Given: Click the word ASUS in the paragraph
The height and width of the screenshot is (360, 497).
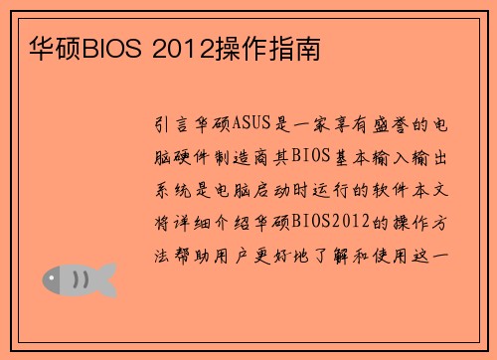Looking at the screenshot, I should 248,124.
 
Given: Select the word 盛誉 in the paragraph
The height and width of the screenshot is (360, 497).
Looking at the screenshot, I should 389,124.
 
